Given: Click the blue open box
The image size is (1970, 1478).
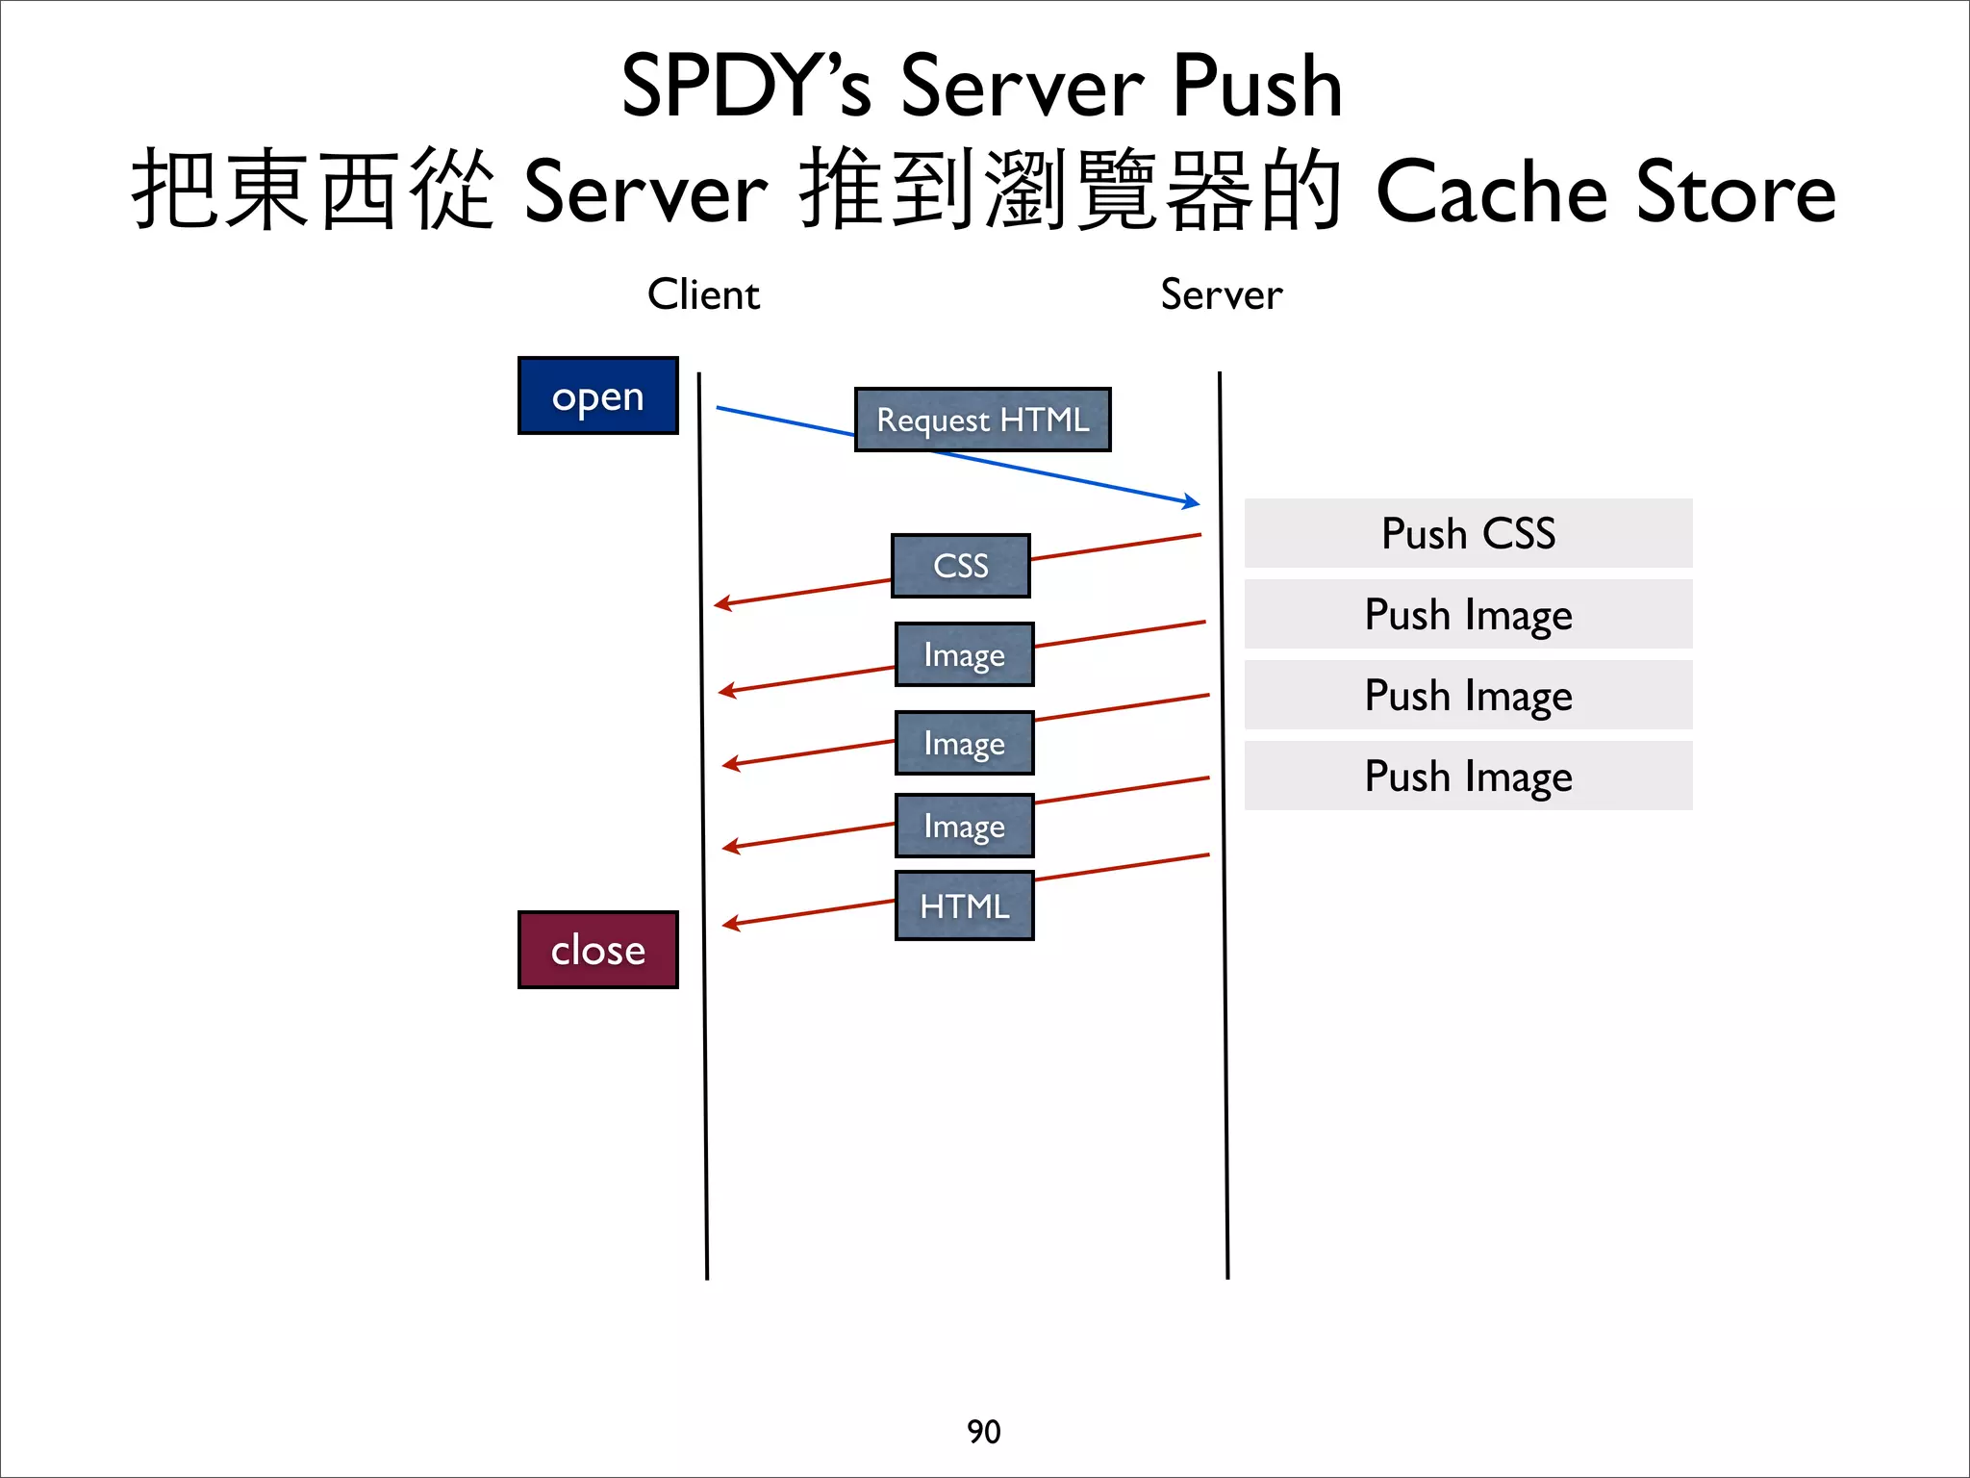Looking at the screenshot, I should (597, 395).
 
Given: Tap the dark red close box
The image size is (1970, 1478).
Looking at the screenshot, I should (597, 950).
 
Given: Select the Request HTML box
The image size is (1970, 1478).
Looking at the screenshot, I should (982, 420).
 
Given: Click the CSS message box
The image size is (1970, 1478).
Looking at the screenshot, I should (960, 566).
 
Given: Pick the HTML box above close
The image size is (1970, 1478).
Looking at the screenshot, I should (964, 905).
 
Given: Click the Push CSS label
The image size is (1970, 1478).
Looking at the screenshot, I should (1468, 533).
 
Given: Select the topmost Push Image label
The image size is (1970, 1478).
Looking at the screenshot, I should (1468, 614).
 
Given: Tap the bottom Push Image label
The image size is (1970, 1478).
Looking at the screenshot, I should (1468, 776).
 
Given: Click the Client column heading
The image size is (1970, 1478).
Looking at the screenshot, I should (703, 294).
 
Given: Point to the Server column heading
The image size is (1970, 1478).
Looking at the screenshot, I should (1221, 294).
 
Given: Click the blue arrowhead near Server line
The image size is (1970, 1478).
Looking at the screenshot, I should (1193, 501).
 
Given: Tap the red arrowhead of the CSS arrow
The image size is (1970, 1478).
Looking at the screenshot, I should (721, 604).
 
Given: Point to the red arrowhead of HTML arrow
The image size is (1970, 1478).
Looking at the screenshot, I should (729, 925).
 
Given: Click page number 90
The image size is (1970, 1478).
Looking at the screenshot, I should (983, 1432).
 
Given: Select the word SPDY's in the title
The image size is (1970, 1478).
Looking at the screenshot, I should (745, 87).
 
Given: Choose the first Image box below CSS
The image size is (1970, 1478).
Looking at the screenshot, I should (964, 654).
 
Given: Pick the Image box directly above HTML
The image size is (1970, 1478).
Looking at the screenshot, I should (964, 826).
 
